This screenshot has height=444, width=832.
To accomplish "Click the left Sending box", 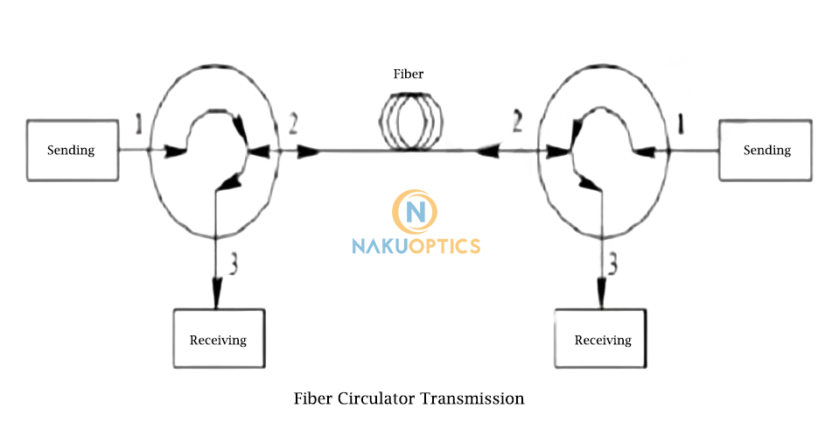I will click(72, 150).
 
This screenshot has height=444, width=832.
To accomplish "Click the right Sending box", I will click(766, 150).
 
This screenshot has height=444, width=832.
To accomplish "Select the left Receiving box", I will click(218, 339).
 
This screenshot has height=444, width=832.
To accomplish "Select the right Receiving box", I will click(603, 339).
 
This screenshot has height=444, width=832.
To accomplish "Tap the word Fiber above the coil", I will click(409, 74).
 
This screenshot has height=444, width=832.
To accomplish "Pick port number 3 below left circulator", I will click(232, 264).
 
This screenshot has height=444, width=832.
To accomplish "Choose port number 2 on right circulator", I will click(517, 123).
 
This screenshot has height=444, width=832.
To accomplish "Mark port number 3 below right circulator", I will click(614, 264).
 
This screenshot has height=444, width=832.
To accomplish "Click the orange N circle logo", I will click(416, 211).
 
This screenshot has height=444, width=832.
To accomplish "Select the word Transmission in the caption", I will click(472, 398).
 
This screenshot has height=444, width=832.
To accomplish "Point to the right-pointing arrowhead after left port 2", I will click(309, 152).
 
